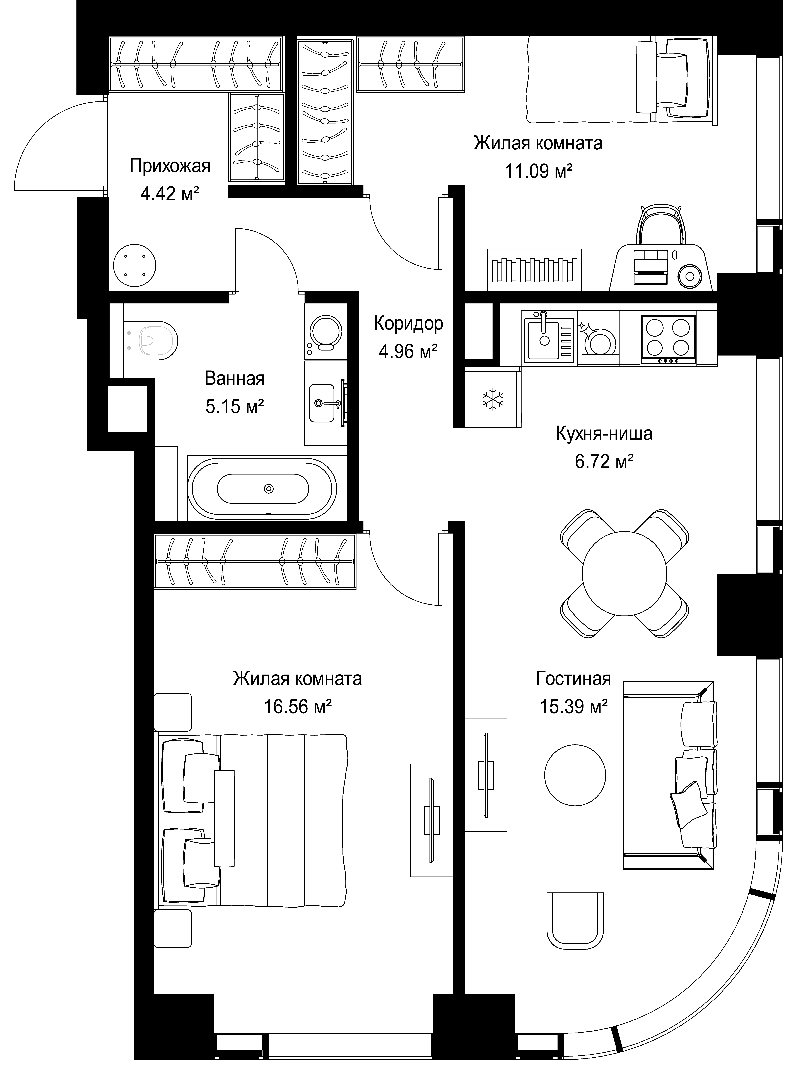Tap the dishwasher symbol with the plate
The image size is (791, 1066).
click(599, 338)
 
